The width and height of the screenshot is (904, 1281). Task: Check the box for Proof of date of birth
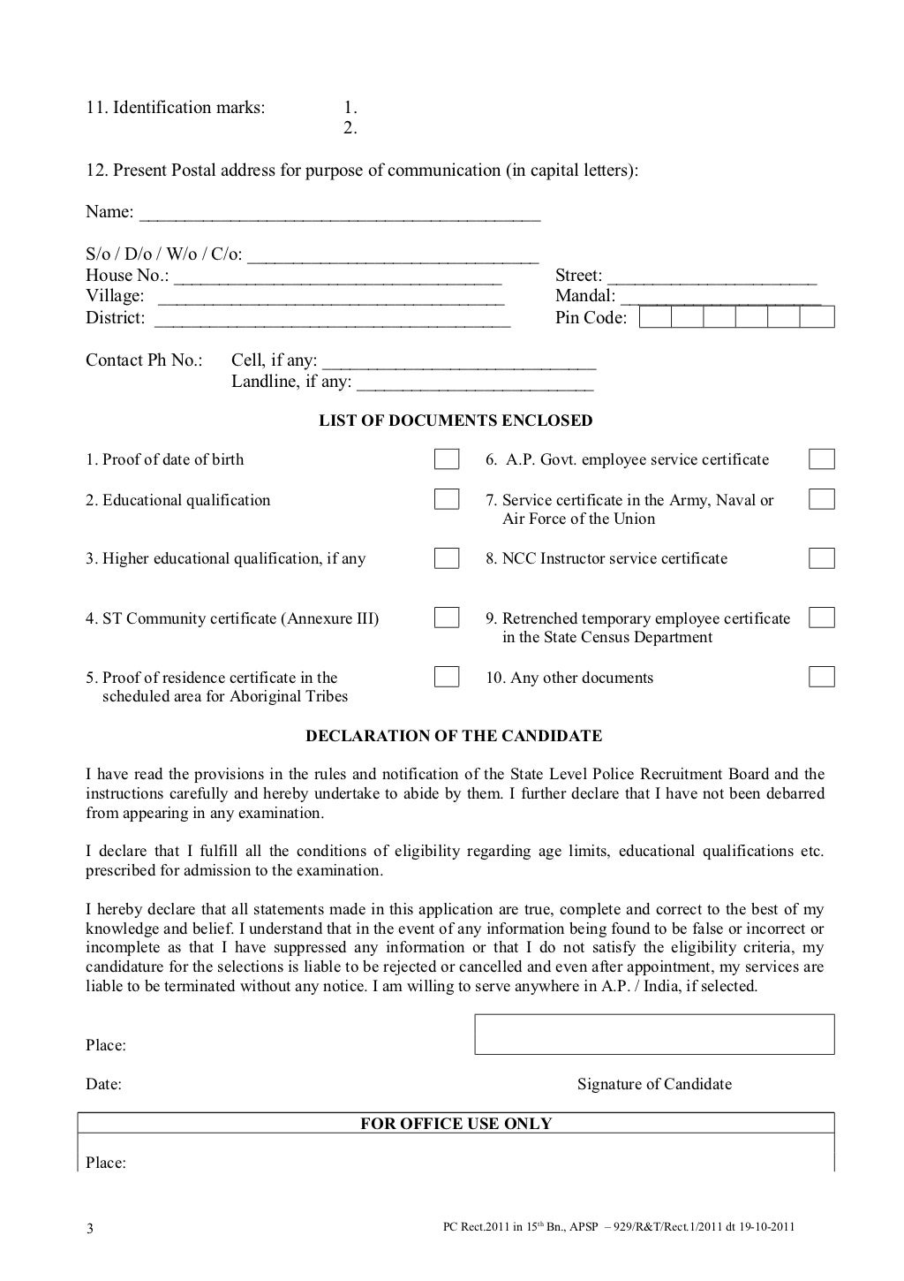coord(447,459)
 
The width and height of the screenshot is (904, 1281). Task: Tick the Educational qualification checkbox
coord(447,499)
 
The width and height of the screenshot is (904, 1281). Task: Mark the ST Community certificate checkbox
coord(447,618)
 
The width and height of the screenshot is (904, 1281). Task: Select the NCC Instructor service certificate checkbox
coord(822,558)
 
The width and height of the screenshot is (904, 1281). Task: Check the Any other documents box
coord(822,678)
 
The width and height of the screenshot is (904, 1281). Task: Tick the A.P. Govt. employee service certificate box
coord(822,459)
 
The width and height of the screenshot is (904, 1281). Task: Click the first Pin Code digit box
coord(655,317)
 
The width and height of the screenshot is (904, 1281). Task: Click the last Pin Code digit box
coord(817,317)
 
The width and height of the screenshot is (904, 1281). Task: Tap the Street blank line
coord(712,277)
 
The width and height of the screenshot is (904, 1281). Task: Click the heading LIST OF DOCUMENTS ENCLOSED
coord(456,421)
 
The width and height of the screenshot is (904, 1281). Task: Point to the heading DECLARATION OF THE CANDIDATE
coord(454,736)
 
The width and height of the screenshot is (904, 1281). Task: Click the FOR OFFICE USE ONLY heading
coord(456,1124)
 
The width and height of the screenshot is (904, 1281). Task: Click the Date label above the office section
coord(103,1084)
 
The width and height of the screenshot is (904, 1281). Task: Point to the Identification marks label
coord(175,108)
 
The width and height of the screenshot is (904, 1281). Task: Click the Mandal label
coord(584,296)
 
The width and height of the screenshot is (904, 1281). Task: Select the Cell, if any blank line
coord(459,362)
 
